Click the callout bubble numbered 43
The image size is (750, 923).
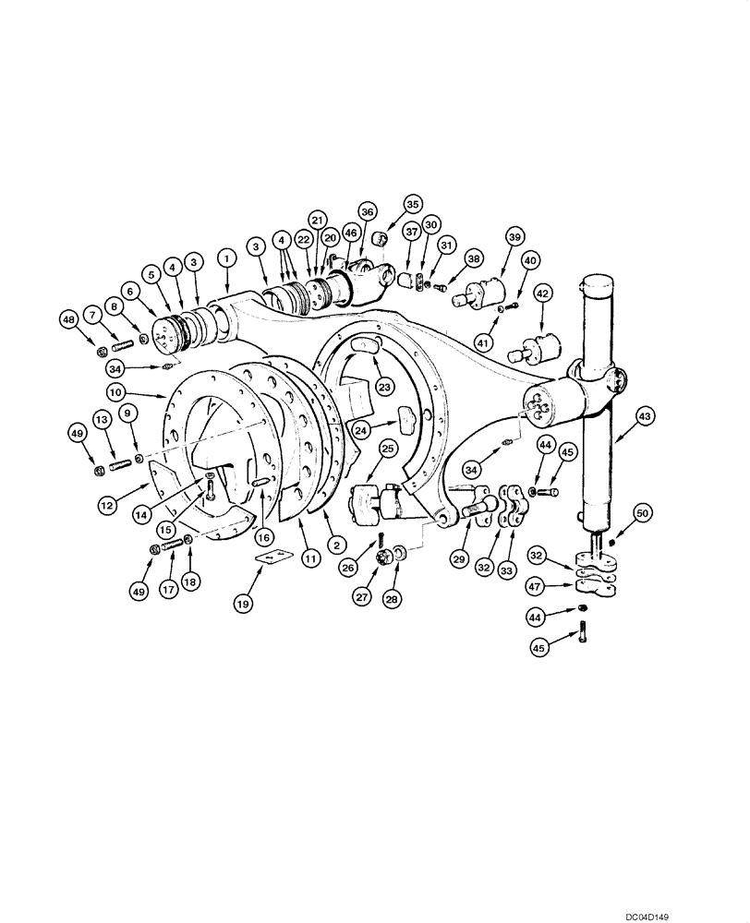[643, 417]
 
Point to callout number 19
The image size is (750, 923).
[242, 605]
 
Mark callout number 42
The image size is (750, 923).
[543, 294]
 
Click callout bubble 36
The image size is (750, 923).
[368, 211]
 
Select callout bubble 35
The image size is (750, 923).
[412, 205]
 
